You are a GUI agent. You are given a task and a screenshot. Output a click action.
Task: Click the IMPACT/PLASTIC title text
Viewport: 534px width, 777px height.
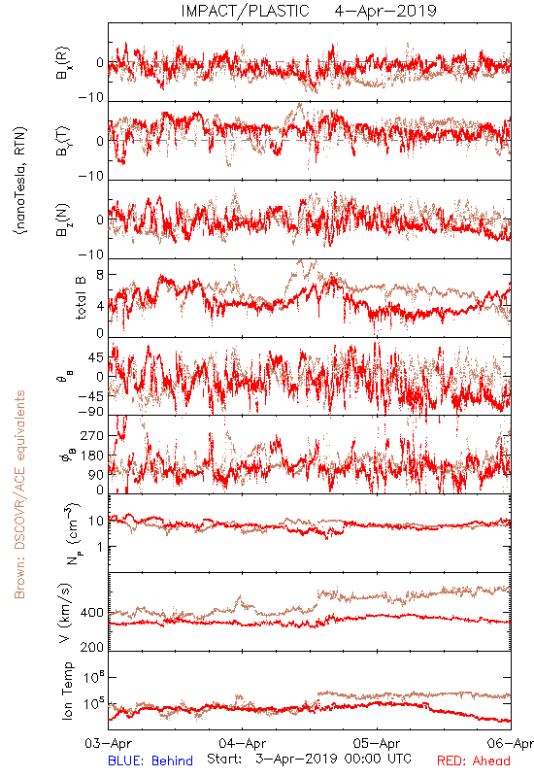(x=245, y=11)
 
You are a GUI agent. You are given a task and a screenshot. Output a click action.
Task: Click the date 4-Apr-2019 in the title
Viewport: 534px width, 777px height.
(x=385, y=11)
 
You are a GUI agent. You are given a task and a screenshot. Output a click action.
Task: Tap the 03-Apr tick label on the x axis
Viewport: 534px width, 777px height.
(x=108, y=743)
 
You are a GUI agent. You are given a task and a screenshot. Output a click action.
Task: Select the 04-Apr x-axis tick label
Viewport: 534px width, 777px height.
(x=242, y=743)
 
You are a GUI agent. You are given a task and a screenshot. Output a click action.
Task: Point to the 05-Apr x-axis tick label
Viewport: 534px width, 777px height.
(x=377, y=743)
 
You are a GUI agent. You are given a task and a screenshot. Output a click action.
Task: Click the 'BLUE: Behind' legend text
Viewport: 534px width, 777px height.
(x=150, y=760)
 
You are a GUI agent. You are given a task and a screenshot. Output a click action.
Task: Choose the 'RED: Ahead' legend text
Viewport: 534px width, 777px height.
(x=473, y=760)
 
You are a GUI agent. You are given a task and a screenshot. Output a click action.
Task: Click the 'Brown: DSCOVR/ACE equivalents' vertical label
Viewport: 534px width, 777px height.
(x=19, y=494)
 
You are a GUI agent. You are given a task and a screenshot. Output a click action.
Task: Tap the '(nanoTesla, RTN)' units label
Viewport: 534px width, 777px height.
(x=20, y=181)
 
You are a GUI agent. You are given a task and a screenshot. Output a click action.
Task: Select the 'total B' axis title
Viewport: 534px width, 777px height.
(x=81, y=298)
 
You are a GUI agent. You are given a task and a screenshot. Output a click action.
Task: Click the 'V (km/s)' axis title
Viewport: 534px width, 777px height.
(x=65, y=613)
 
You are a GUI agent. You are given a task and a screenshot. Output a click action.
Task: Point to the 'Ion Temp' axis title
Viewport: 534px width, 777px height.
(x=67, y=691)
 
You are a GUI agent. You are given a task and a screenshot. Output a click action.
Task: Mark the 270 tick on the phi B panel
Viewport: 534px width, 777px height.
(x=92, y=435)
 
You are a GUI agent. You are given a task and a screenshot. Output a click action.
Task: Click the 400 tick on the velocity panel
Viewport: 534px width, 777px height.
(x=92, y=613)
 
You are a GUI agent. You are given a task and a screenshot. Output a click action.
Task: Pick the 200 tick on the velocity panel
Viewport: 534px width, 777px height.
(x=92, y=647)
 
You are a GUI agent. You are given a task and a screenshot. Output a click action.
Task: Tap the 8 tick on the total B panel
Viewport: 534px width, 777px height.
(x=100, y=275)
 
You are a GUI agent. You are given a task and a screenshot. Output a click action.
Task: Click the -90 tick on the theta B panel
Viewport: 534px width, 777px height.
(x=91, y=412)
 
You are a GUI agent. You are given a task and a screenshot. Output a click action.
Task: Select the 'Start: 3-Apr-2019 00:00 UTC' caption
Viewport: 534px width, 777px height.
(x=309, y=759)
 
